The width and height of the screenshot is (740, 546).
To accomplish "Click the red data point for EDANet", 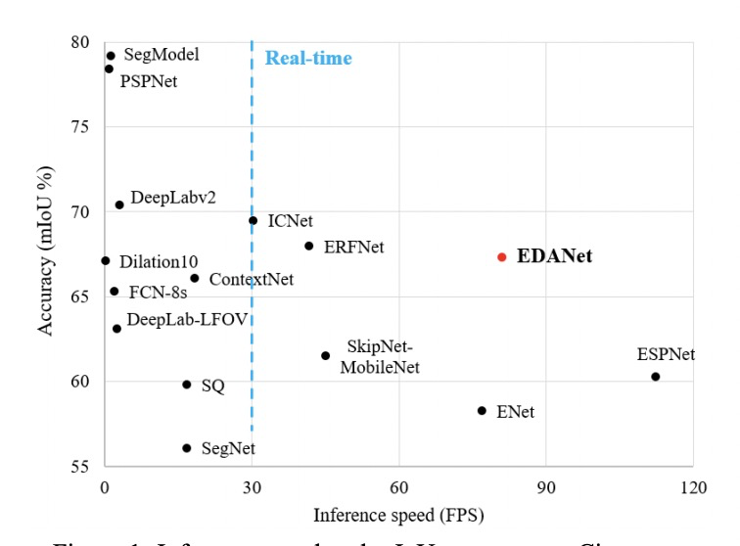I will tap(502, 257).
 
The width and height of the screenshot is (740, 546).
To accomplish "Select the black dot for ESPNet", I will tap(656, 377).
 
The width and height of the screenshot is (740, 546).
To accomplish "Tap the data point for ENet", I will tap(482, 411).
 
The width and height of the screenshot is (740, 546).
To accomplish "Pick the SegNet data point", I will tap(187, 448).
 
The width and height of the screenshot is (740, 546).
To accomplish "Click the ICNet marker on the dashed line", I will tap(254, 220).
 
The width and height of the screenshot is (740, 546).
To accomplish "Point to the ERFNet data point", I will tap(309, 246).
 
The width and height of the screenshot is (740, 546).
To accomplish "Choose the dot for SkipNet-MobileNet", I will tap(326, 355).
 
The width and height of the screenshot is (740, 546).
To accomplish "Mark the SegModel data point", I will tap(111, 56).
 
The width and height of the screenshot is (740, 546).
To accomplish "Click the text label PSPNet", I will tap(149, 82).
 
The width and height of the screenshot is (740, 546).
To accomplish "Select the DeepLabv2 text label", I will tap(173, 197).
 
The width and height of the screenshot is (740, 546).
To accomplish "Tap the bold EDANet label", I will tap(555, 257).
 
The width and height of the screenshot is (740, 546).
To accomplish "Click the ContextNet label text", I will tap(252, 280).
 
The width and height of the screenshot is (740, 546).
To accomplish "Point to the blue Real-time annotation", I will tap(308, 59).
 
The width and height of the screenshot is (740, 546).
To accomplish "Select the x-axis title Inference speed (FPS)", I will tap(398, 514).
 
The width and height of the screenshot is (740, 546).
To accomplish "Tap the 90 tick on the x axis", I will tap(546, 486).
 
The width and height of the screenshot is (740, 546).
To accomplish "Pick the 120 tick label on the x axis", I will tap(693, 486).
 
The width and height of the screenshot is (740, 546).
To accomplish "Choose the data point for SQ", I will tap(187, 385).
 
